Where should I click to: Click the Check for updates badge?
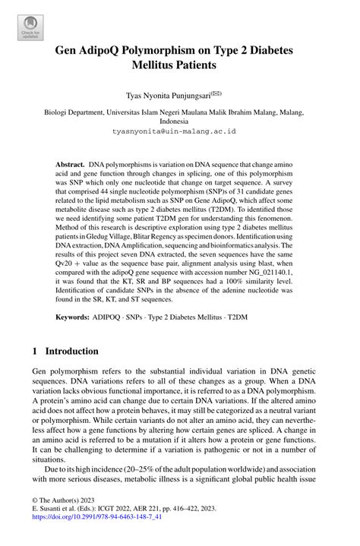[x=29, y=28]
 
